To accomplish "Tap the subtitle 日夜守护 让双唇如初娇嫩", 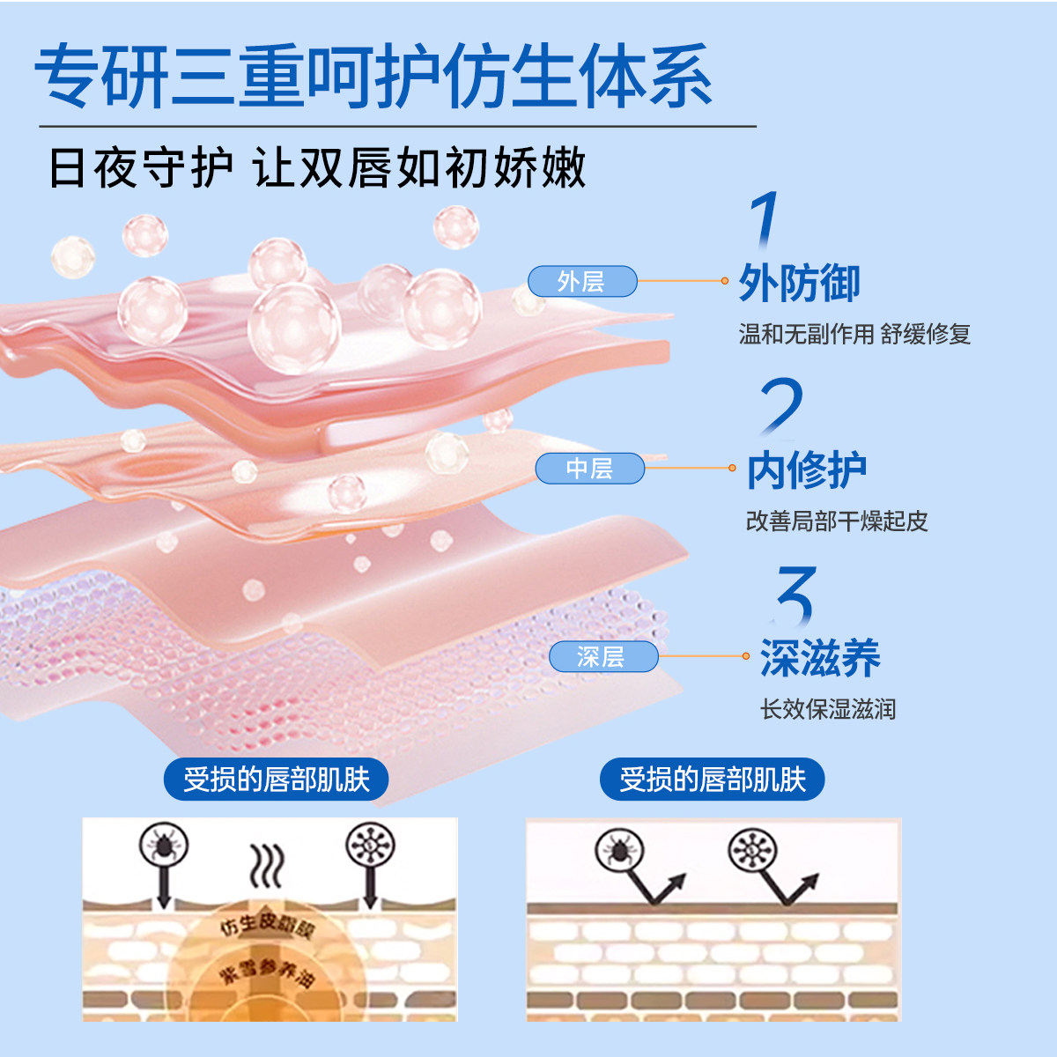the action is click(x=317, y=167).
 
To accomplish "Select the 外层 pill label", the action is click(x=581, y=281).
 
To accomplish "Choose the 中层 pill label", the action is click(x=589, y=468).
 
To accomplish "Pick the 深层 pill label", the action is click(x=602, y=656).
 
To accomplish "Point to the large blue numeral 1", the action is click(x=765, y=220).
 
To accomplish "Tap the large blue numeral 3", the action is click(x=796, y=595).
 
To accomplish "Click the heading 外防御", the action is click(x=799, y=283).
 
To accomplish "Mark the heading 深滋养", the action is click(x=820, y=658).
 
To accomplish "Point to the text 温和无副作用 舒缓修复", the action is click(x=854, y=334).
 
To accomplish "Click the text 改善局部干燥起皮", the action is click(x=837, y=521).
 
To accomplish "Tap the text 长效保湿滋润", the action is click(x=828, y=709).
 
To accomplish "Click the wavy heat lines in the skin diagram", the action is click(x=267, y=865).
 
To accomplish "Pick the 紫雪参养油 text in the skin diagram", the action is click(x=267, y=972).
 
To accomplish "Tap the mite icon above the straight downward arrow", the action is click(x=164, y=846).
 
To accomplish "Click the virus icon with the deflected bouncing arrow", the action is click(x=751, y=850).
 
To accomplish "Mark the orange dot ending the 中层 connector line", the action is click(x=732, y=468).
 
